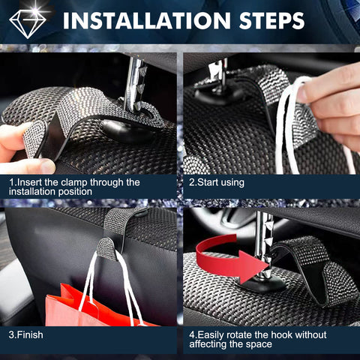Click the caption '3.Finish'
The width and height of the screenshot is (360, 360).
(25, 332)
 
